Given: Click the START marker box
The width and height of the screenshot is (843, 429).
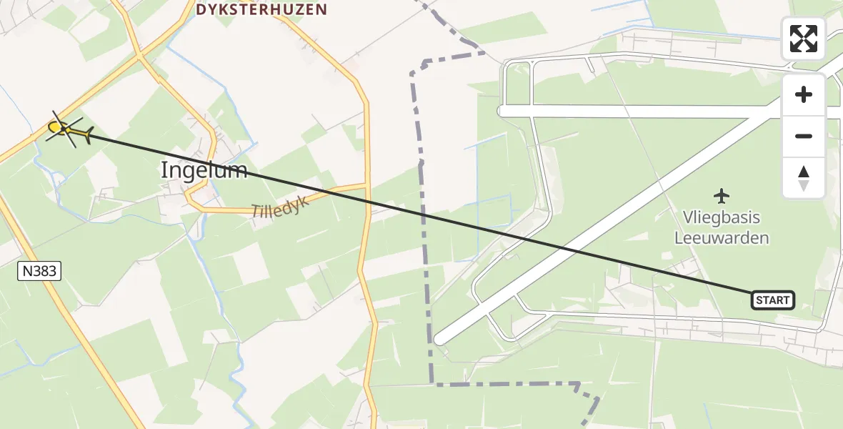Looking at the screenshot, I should tap(773, 300).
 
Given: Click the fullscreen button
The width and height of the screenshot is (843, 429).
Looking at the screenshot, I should tap(803, 39).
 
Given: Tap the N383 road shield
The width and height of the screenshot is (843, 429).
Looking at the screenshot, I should tap(39, 271).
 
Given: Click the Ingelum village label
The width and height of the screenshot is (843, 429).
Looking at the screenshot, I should tap(204, 170).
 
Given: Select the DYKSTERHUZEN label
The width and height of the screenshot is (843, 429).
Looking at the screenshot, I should tap(261, 10).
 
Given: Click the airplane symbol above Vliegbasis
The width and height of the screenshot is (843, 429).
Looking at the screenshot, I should tap(722, 194).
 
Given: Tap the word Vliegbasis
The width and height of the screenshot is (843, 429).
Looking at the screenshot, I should tap(722, 217).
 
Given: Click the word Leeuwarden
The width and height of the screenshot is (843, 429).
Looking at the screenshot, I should tap(722, 237).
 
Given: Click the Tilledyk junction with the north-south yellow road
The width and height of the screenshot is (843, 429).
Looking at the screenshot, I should tap(366, 186).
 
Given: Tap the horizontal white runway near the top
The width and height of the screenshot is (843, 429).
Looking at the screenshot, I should tap(643, 112).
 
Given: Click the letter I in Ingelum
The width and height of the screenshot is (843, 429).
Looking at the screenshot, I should tap(165, 170).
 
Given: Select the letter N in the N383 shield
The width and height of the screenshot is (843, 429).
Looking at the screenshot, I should tap(27, 271).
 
